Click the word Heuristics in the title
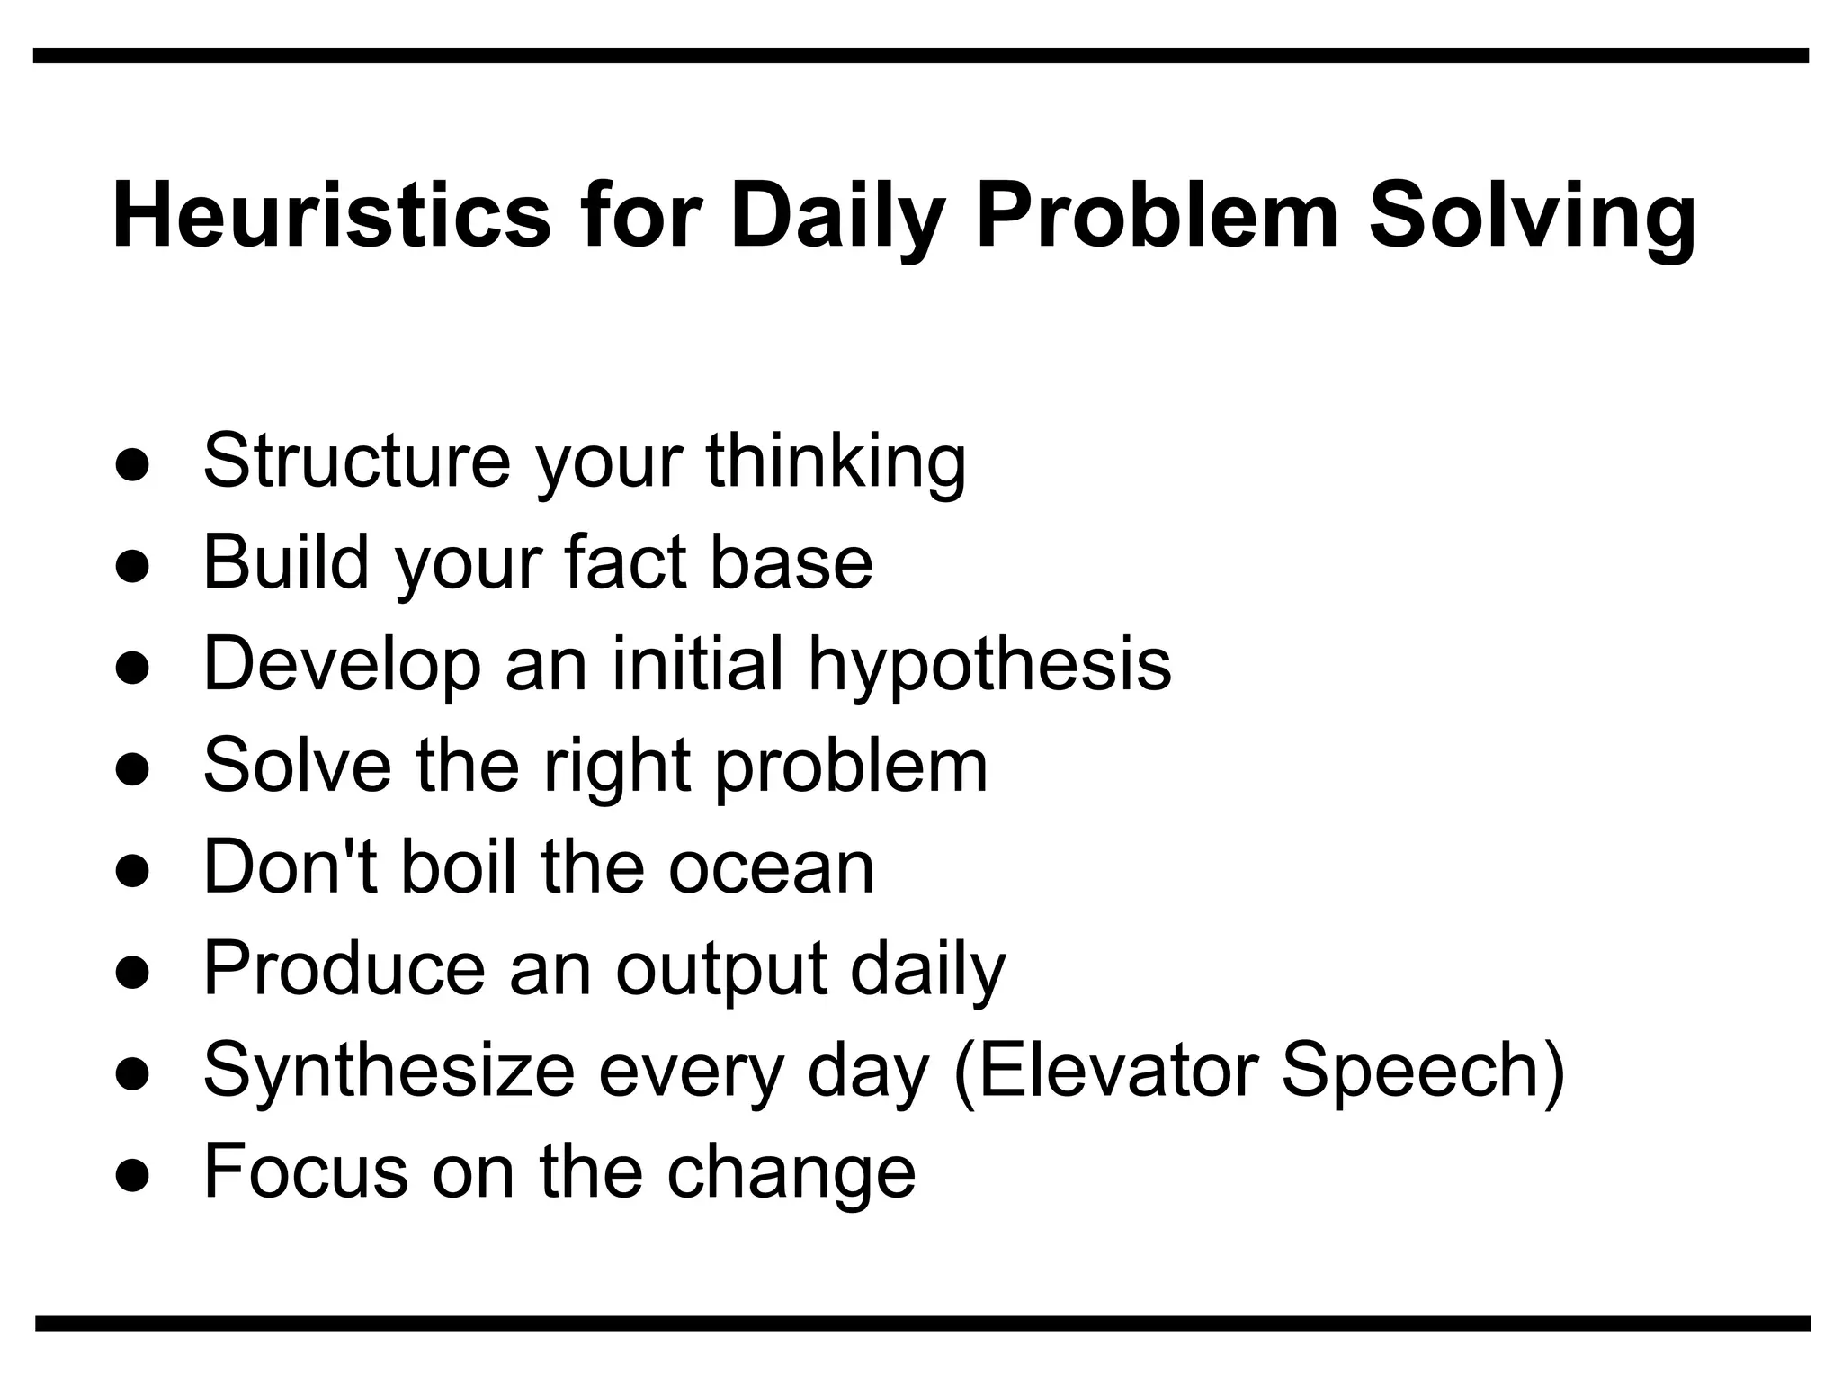(331, 216)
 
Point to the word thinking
(836, 462)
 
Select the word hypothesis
(989, 664)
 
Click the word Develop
(342, 664)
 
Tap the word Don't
(291, 866)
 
